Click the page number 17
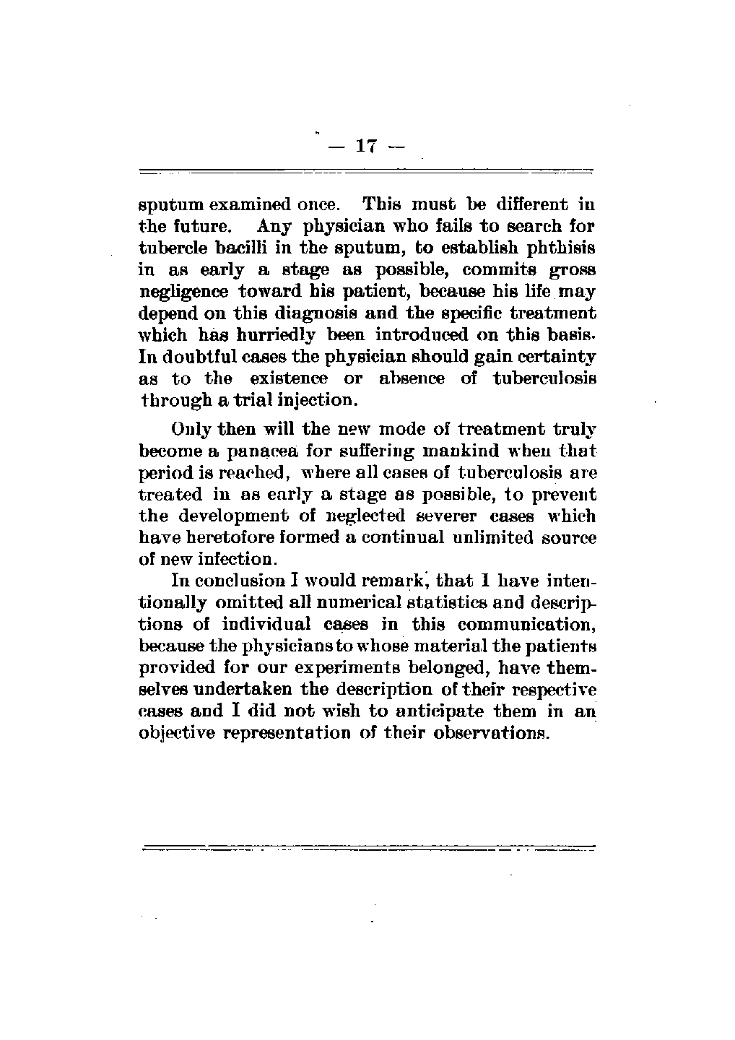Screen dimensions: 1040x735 (x=367, y=146)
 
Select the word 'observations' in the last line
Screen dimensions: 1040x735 (x=493, y=732)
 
